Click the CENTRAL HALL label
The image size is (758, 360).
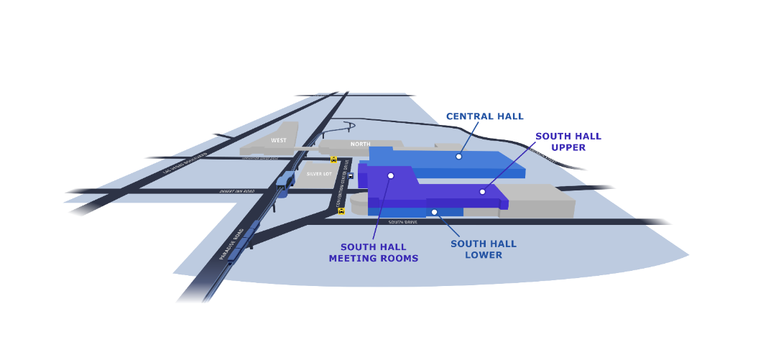point(484,116)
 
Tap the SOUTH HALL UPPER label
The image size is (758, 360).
point(568,142)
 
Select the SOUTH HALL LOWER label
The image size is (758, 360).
point(483,249)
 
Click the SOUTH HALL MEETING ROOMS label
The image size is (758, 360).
point(373,253)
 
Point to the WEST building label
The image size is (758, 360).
point(279,140)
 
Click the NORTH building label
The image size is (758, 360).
point(360,144)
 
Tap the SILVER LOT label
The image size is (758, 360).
point(318,174)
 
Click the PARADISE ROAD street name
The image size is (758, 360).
point(232,245)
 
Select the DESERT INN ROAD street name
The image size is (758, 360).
point(237,192)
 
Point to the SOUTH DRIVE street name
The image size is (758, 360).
point(402,222)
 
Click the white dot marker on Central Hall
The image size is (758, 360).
point(458,156)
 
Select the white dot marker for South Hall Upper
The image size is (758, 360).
point(482,191)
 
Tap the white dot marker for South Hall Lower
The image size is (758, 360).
point(434,212)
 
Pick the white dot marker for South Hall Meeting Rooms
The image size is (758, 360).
point(391,175)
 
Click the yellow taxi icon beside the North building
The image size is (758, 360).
point(333,160)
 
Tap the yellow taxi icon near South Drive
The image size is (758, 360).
point(341,211)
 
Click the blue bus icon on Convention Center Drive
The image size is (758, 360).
point(351,176)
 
